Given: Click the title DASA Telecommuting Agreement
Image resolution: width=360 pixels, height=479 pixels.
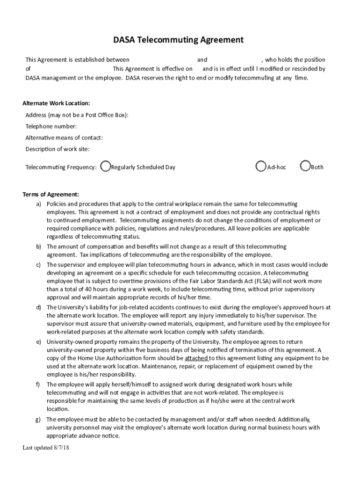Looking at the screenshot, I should pyautogui.click(x=178, y=40).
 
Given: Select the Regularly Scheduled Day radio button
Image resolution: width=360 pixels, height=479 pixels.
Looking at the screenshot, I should pyautogui.click(x=106, y=167).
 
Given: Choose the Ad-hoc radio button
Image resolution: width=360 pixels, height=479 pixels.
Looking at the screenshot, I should pyautogui.click(x=261, y=167).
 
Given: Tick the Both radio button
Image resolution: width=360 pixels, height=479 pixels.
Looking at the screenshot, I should pyautogui.click(x=305, y=167).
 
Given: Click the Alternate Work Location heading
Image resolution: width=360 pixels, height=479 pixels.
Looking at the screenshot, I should pyautogui.click(x=56, y=103).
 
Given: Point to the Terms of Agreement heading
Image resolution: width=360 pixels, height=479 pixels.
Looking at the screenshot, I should pyautogui.click(x=51, y=195).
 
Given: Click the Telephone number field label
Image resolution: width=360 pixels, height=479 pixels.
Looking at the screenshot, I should pyautogui.click(x=51, y=126).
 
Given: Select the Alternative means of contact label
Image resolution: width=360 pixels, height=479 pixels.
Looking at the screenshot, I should pyautogui.click(x=64, y=138).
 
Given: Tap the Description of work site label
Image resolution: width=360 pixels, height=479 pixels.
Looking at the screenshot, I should pyautogui.click(x=58, y=149).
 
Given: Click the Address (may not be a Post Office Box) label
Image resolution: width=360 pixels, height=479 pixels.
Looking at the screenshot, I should pyautogui.click(x=77, y=115).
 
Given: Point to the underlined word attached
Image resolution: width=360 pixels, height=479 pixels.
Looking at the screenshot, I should pyautogui.click(x=196, y=358).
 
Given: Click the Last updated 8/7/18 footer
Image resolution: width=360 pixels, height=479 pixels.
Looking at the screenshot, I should pyautogui.click(x=46, y=448).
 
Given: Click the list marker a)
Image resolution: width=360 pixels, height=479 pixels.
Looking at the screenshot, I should pyautogui.click(x=39, y=204).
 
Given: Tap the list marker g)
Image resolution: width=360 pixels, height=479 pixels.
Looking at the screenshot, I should pyautogui.click(x=39, y=419).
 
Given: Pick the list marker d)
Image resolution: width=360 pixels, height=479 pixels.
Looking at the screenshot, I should pyautogui.click(x=39, y=307).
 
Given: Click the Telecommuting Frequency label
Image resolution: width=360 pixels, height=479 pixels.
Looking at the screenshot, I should pyautogui.click(x=61, y=167).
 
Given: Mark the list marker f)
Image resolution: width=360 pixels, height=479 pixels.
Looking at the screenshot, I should pyautogui.click(x=38, y=385).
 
